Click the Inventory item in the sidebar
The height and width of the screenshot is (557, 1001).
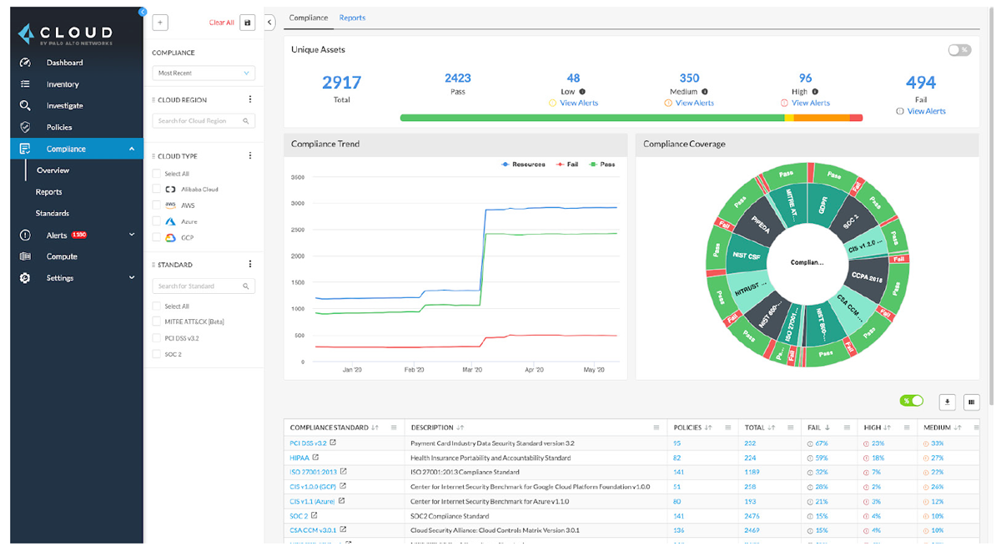pyautogui.click(x=63, y=84)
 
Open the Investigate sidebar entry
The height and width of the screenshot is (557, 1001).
pyautogui.click(x=64, y=106)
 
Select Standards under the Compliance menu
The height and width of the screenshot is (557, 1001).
pyautogui.click(x=53, y=214)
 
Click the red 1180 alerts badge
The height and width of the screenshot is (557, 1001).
pyautogui.click(x=80, y=235)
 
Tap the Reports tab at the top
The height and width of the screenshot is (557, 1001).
pyautogui.click(x=352, y=18)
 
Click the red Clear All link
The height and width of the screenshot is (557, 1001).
pyautogui.click(x=221, y=23)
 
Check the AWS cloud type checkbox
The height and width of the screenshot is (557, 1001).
pyautogui.click(x=157, y=205)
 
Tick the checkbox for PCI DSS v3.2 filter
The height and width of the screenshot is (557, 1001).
pyautogui.click(x=157, y=338)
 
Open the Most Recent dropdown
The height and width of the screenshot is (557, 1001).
pyautogui.click(x=204, y=73)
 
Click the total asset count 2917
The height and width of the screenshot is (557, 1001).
pyautogui.click(x=341, y=83)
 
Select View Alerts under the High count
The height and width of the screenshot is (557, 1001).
pyautogui.click(x=810, y=104)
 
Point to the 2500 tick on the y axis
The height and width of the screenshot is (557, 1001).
pyautogui.click(x=297, y=230)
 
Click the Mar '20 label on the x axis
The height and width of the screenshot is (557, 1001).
pyautogui.click(x=472, y=369)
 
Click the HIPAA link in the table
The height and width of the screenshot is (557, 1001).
pyautogui.click(x=299, y=458)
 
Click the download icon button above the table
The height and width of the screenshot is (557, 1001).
pyautogui.click(x=947, y=402)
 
